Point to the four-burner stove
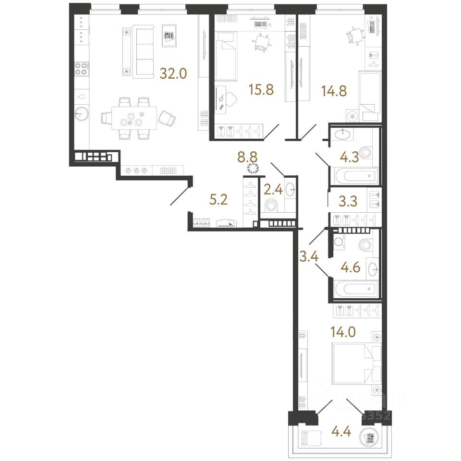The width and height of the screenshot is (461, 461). [81, 69]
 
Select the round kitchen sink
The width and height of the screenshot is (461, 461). [82, 114]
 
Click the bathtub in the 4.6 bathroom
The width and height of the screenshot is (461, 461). [354, 290]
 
